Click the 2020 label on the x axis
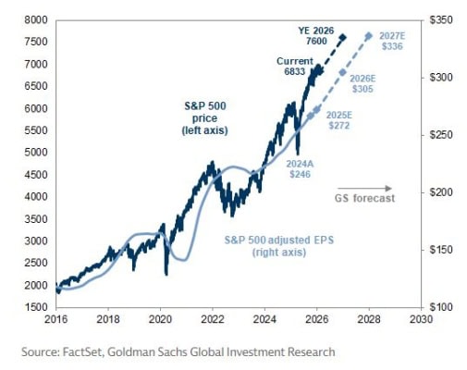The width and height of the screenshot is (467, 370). [x=160, y=320]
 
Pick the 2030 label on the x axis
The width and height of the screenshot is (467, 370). [x=421, y=320]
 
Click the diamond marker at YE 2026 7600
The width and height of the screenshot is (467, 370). [x=343, y=38]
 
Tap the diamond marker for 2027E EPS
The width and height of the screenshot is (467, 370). [x=369, y=36]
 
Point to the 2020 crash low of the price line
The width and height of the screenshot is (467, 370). [x=166, y=273]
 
